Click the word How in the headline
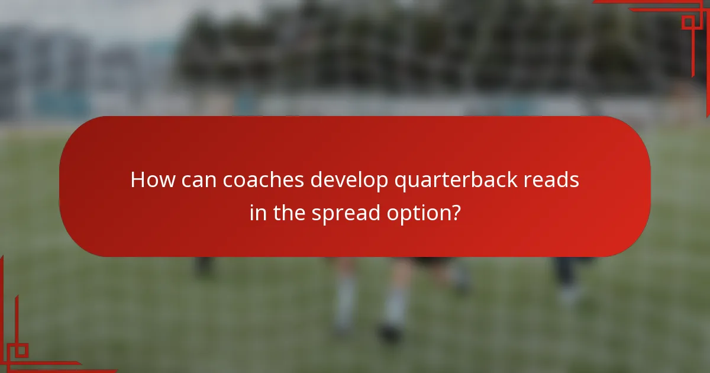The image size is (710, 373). click(150, 179)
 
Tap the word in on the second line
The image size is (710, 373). click(258, 212)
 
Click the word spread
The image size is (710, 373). click(345, 213)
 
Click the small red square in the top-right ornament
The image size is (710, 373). click(688, 22)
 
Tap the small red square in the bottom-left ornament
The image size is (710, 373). click(21, 351)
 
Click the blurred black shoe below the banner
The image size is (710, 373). click(390, 333)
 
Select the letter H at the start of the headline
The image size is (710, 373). click(137, 179)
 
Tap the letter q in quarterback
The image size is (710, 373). click(400, 182)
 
